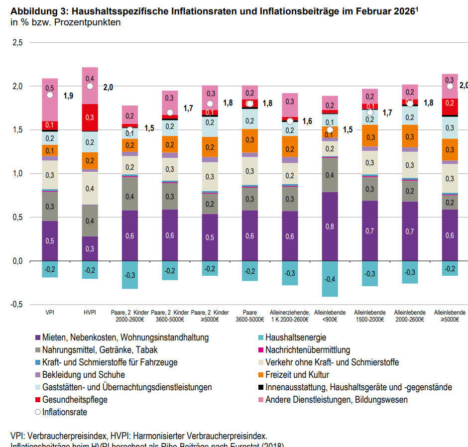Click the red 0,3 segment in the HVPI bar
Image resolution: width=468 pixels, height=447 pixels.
(x=90, y=117)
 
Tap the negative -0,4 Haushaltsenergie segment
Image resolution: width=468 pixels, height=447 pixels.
(x=330, y=279)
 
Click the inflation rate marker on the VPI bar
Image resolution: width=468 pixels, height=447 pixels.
(x=50, y=95)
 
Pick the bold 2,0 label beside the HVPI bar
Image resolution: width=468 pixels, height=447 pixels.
(x=108, y=87)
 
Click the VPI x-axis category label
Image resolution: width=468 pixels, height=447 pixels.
(x=50, y=313)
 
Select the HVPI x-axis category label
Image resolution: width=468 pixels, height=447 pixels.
(x=90, y=313)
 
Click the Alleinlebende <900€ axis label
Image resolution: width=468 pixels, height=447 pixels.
(x=330, y=316)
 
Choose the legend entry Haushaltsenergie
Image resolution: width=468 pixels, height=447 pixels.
(x=296, y=337)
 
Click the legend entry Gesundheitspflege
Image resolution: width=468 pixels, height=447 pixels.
(x=75, y=400)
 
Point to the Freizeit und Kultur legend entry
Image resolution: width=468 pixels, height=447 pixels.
(x=297, y=375)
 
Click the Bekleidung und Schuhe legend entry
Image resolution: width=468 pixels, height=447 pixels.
(x=84, y=375)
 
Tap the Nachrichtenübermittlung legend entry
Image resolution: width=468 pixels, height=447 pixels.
(x=308, y=350)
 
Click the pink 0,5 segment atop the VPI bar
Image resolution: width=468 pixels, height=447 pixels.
(x=50, y=89)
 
